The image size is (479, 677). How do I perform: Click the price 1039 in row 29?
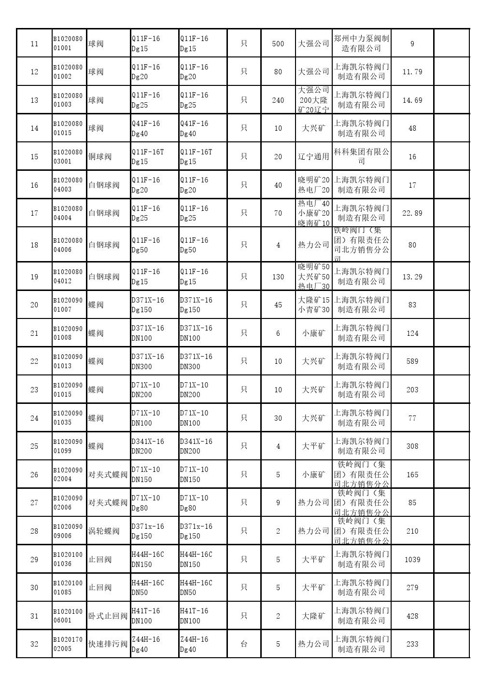(x=412, y=559)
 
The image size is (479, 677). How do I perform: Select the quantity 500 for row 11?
(x=278, y=43)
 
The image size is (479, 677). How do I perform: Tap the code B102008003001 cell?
(x=68, y=156)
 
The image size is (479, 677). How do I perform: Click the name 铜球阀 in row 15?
(x=100, y=156)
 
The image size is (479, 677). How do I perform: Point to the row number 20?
(x=34, y=304)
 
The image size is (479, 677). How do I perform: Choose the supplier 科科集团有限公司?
(x=361, y=156)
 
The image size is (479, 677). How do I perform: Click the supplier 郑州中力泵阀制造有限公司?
(x=361, y=43)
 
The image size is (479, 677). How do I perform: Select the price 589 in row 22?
(x=412, y=361)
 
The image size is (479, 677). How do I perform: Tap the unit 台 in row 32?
(x=244, y=644)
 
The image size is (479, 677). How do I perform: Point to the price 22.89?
(x=412, y=213)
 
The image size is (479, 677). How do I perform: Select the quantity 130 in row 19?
(x=278, y=276)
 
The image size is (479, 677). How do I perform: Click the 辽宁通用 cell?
(x=313, y=156)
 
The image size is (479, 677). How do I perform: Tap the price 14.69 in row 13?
(x=412, y=100)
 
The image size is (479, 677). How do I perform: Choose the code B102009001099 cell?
(x=68, y=446)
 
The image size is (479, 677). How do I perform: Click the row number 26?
(x=34, y=474)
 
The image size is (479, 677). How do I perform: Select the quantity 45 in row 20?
(x=278, y=304)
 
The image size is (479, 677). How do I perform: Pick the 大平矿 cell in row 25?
(x=313, y=446)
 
